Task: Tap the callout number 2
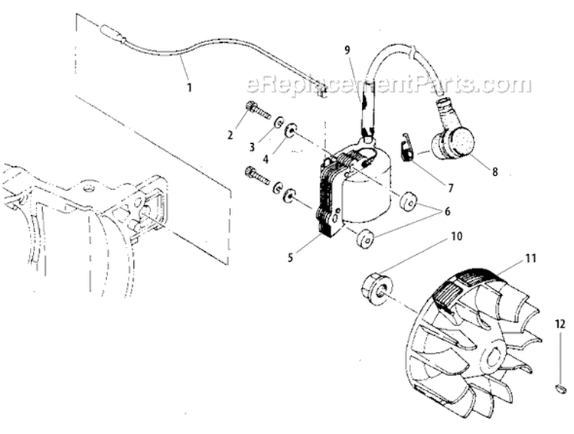click(x=230, y=135)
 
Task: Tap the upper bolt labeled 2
click(x=256, y=113)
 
